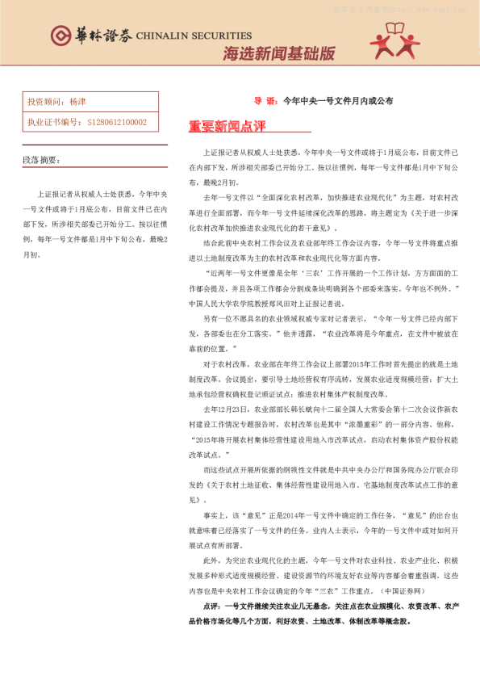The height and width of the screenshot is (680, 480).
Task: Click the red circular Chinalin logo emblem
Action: click(60, 36)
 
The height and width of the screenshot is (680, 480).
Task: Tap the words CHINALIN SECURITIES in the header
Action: click(194, 36)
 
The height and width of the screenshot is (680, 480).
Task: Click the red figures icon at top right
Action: click(394, 40)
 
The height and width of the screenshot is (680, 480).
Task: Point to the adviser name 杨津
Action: click(77, 103)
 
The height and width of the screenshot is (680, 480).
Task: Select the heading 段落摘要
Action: click(45, 160)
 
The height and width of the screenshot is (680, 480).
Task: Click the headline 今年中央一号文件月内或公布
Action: click(339, 102)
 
